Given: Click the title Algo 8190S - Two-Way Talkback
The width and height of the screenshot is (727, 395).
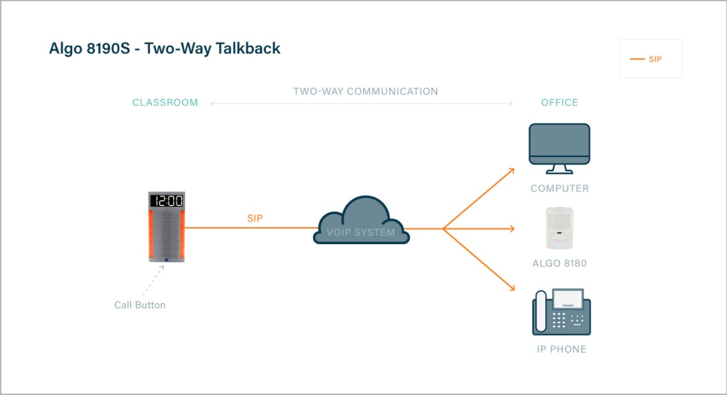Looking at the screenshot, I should pos(165,49).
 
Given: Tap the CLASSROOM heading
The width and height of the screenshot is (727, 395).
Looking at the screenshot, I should pos(165,103).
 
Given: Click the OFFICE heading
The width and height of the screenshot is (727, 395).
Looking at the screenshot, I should pos(559,103).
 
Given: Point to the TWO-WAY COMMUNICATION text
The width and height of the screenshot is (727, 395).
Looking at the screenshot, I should pos(366,92).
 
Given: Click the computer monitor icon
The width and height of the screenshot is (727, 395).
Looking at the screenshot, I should pos(559,144).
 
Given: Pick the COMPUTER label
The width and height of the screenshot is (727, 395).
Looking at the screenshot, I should pos(559,189).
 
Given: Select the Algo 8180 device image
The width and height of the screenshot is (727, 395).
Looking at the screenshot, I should pos(559,229).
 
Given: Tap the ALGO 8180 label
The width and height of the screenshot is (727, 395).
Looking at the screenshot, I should pos(559,264).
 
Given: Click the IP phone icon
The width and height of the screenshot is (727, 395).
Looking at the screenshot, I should pos(561,311).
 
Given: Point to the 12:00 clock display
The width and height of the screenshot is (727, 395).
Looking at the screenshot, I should pos(166,201).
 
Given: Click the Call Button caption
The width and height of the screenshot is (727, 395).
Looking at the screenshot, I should pos(140,305).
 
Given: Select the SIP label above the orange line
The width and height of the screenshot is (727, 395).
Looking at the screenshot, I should pos(255,219).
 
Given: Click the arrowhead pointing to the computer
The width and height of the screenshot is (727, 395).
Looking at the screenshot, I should pos(512,169).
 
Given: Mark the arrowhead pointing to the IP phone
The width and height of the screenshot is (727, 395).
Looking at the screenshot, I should pos(512,289).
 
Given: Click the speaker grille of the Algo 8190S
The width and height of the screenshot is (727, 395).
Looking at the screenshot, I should pos(166,233).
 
